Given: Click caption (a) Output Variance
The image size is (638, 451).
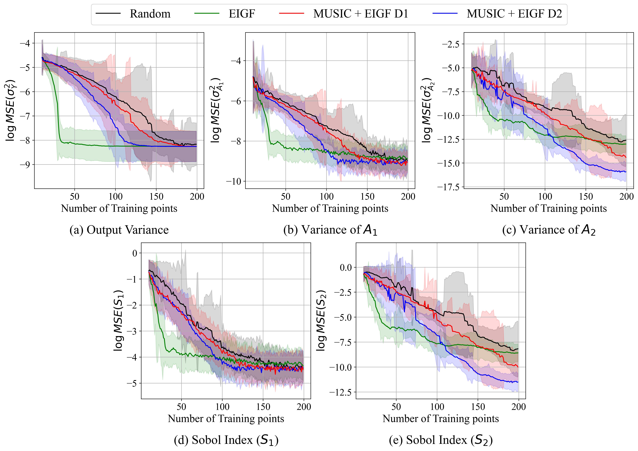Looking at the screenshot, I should pyautogui.click(x=119, y=230).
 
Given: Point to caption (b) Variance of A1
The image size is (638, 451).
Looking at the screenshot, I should pyautogui.click(x=330, y=230).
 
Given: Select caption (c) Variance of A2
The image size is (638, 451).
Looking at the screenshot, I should pyautogui.click(x=549, y=230).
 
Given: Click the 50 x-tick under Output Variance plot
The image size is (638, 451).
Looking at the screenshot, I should pyautogui.click(x=74, y=197).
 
